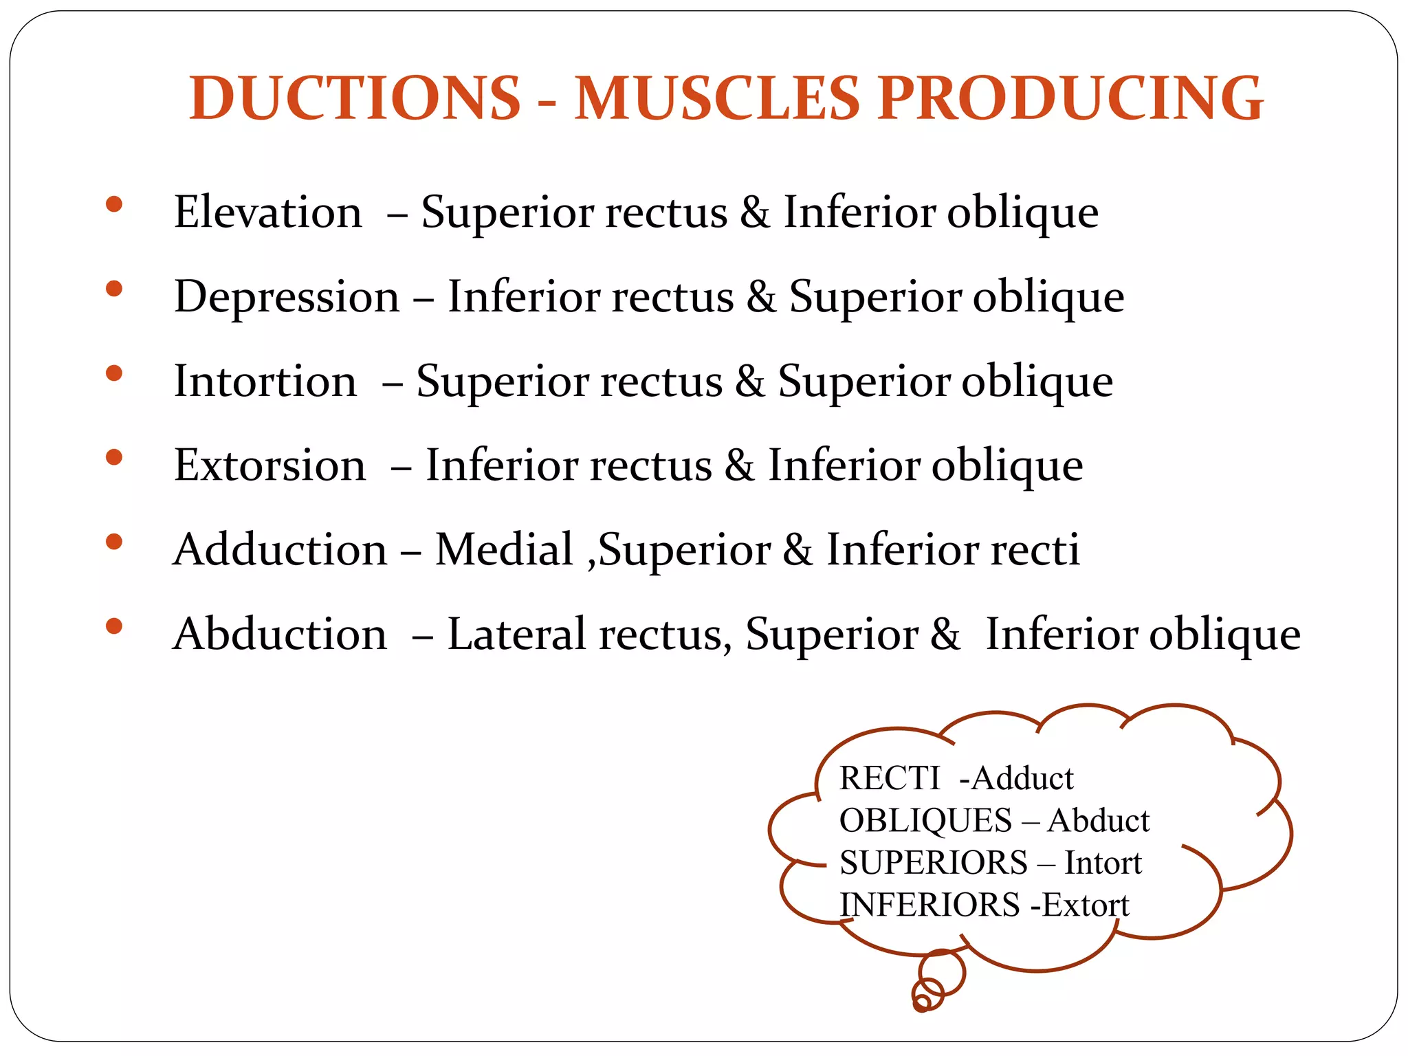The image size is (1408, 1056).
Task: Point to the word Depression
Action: point(287,297)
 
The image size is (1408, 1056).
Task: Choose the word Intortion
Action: point(265,381)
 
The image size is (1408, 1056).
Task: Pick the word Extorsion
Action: point(270,465)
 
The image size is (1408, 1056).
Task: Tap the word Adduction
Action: point(280,549)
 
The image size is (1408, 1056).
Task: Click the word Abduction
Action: point(280,634)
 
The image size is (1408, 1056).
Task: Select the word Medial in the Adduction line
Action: point(504,549)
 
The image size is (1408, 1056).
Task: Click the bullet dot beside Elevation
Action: point(114,204)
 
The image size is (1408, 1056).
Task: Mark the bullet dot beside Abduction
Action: point(114,626)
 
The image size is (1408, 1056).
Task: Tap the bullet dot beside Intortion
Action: point(114,373)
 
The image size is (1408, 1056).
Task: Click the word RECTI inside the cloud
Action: point(890,779)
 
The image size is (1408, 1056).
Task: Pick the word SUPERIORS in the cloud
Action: point(934,863)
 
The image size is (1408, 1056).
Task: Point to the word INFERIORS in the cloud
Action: point(929,905)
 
